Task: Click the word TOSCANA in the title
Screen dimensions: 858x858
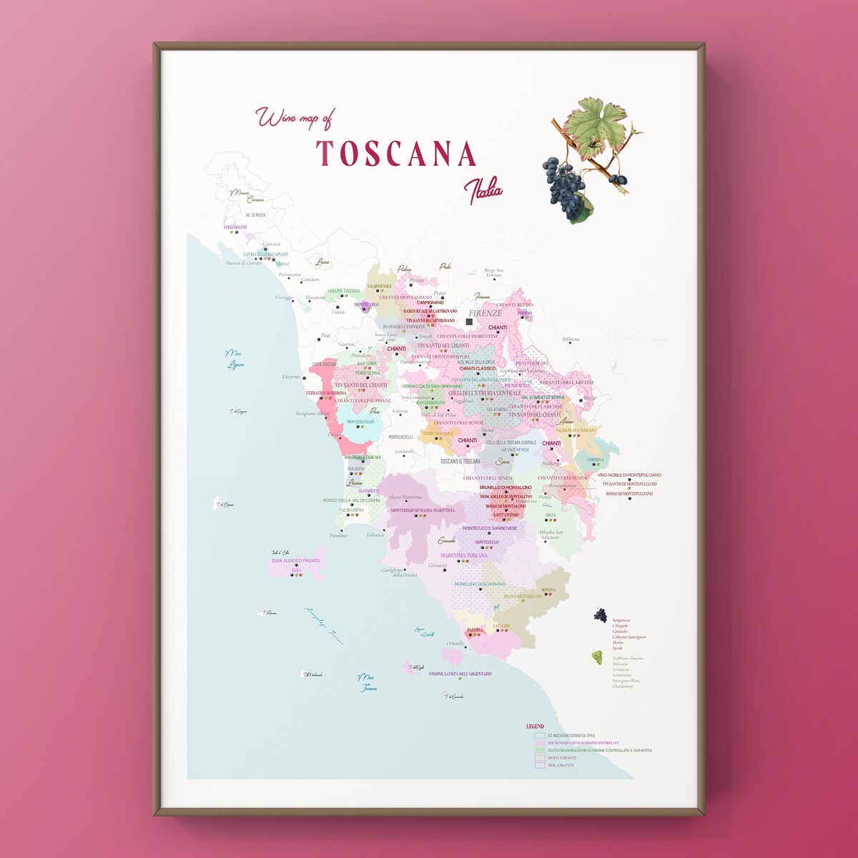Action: pyautogui.click(x=396, y=153)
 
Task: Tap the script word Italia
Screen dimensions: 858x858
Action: pyautogui.click(x=483, y=190)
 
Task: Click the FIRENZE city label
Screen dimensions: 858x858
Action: pyautogui.click(x=485, y=313)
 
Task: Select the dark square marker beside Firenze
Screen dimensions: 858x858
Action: pyautogui.click(x=469, y=322)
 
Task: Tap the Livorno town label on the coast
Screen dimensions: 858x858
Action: pyautogui.click(x=291, y=376)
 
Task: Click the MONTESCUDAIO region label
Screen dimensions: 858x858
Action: pyautogui.click(x=360, y=422)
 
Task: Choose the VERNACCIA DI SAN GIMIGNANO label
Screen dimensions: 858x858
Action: pyautogui.click(x=432, y=386)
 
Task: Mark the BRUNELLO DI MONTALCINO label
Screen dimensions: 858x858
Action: pyautogui.click(x=506, y=488)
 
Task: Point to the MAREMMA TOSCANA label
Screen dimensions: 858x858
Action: pyautogui.click(x=463, y=556)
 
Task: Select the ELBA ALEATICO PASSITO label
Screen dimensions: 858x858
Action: pyautogui.click(x=296, y=561)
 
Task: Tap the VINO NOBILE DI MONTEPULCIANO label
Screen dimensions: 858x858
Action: pyautogui.click(x=629, y=475)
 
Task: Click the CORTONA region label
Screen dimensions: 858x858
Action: pyautogui.click(x=595, y=460)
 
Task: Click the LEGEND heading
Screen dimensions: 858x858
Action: pyautogui.click(x=535, y=726)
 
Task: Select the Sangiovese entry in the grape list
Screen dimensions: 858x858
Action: pyautogui.click(x=621, y=620)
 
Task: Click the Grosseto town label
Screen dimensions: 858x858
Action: pyautogui.click(x=438, y=566)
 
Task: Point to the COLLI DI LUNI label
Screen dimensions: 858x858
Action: pyautogui.click(x=235, y=227)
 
